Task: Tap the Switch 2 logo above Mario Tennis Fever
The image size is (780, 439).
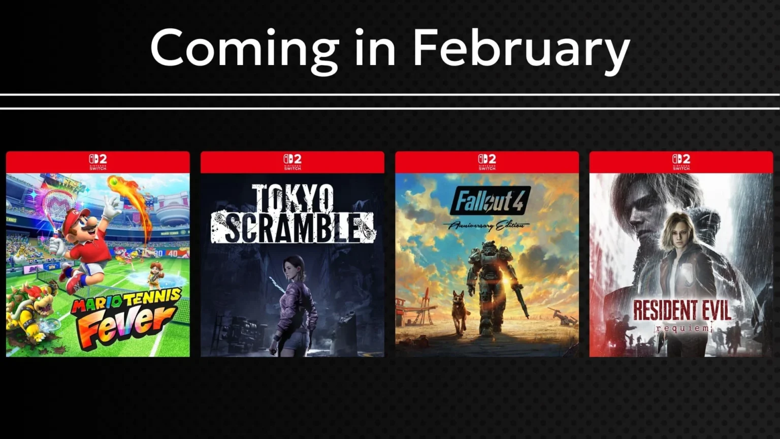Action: point(98,162)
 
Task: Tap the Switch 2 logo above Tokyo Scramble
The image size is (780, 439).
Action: point(292,162)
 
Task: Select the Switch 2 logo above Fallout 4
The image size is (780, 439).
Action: point(487,162)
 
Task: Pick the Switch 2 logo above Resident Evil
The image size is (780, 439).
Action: point(681,162)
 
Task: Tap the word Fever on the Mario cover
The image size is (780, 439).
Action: point(127,325)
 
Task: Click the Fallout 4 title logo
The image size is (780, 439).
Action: point(490,201)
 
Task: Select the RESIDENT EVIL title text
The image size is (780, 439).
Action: point(681,310)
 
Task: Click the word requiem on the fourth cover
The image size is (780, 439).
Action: point(682,328)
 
